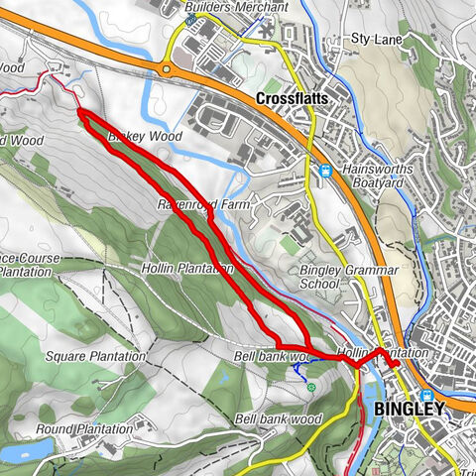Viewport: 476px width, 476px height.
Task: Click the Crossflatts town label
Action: click(294, 99)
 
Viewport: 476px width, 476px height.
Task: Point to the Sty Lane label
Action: click(374, 39)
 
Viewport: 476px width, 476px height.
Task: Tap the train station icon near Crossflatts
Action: click(325, 172)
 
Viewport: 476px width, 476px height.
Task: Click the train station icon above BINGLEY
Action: click(426, 395)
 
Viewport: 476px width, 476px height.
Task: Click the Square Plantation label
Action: click(95, 355)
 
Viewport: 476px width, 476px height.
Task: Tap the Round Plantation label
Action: click(83, 429)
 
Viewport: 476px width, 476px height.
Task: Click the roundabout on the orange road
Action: click(166, 69)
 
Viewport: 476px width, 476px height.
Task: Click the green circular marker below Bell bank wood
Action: click(311, 387)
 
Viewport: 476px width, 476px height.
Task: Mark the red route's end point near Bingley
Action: click(395, 365)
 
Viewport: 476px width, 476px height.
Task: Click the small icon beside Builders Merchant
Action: click(189, 18)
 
